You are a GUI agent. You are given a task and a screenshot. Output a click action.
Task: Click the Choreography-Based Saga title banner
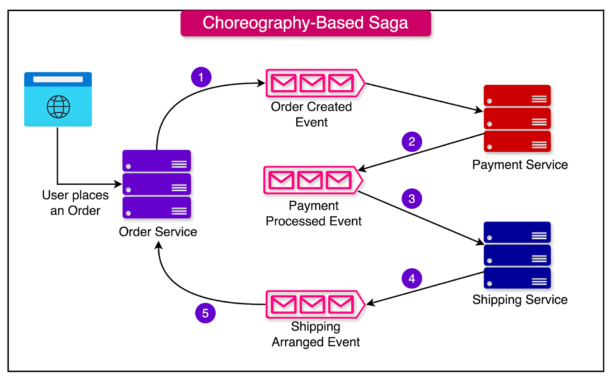click(305, 23)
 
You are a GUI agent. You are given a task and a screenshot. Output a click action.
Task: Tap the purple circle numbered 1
click(201, 77)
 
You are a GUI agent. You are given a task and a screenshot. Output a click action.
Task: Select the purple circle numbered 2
click(412, 142)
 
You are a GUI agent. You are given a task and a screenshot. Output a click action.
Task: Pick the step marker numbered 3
click(412, 199)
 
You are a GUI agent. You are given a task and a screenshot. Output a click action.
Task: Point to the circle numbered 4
click(412, 278)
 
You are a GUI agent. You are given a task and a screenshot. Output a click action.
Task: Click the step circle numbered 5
click(205, 313)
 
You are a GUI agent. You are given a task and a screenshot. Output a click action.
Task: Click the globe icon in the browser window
click(58, 106)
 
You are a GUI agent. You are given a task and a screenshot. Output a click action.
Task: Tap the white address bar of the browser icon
click(58, 79)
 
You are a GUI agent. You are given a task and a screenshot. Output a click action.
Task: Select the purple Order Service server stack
click(157, 184)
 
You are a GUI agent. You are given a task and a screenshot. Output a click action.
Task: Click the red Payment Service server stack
click(517, 119)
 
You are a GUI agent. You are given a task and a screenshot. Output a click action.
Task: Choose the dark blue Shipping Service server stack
click(517, 255)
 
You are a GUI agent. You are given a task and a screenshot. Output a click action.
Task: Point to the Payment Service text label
click(520, 165)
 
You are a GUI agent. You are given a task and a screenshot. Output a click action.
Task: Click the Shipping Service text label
click(520, 300)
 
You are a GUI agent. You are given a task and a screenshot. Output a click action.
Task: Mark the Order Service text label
click(158, 232)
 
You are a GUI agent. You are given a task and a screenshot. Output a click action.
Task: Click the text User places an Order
click(75, 203)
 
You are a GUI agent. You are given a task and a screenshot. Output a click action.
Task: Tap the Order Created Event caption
click(311, 114)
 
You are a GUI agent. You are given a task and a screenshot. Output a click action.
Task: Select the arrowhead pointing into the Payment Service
click(479, 111)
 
